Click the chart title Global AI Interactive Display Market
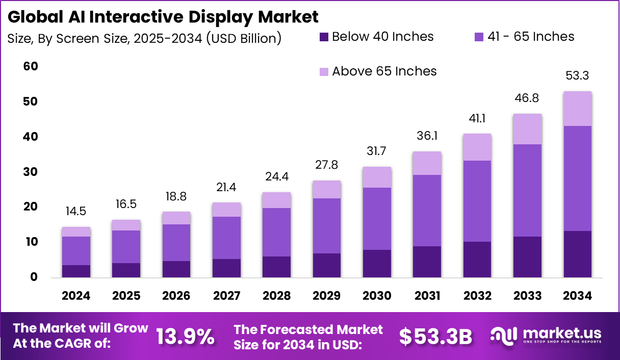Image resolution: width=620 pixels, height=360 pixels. pyautogui.click(x=163, y=16)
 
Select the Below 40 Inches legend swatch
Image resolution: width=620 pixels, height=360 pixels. pyautogui.click(x=324, y=37)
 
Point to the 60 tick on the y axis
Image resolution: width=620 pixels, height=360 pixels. pyautogui.click(x=31, y=67)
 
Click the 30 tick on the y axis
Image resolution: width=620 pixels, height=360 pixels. pyautogui.click(x=31, y=172)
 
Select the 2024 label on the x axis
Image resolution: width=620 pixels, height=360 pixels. pyautogui.click(x=76, y=296)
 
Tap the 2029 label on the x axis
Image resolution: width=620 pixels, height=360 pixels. pyautogui.click(x=326, y=296)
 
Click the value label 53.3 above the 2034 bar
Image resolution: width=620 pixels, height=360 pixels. pyautogui.click(x=577, y=76)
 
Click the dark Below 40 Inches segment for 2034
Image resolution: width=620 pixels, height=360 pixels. pyautogui.click(x=577, y=254)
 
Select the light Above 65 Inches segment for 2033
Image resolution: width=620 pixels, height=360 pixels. pyautogui.click(x=527, y=129)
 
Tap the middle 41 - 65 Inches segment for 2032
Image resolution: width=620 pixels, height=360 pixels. pyautogui.click(x=477, y=201)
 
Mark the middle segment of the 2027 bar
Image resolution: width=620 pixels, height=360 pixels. pyautogui.click(x=226, y=238)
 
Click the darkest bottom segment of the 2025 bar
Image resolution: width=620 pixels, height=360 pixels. pyautogui.click(x=126, y=270)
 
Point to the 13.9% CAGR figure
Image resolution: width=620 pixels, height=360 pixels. pyautogui.click(x=185, y=337)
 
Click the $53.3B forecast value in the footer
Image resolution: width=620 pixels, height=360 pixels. pyautogui.click(x=435, y=337)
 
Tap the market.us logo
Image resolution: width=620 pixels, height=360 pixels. pyautogui.click(x=546, y=336)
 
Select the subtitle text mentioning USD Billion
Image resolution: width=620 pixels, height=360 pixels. pyautogui.click(x=144, y=38)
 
